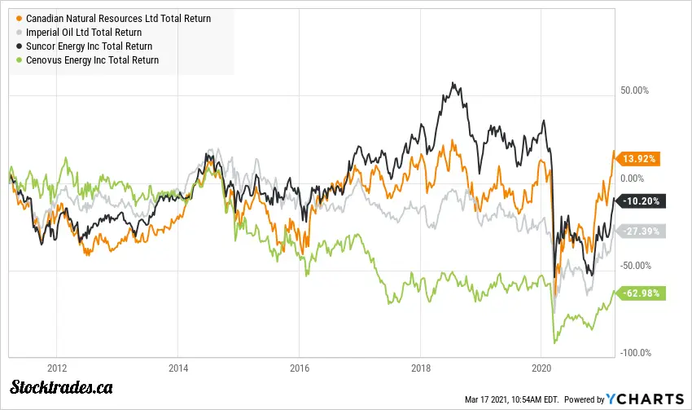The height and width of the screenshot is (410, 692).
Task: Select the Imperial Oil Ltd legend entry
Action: [90, 33]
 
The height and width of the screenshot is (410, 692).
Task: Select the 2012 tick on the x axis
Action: [57, 367]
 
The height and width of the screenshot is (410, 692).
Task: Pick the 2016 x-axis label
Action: [300, 367]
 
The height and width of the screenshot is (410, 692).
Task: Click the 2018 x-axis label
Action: [420, 367]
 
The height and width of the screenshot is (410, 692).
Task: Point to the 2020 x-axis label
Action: [541, 367]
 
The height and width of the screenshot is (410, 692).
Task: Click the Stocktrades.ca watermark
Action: [62, 388]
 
